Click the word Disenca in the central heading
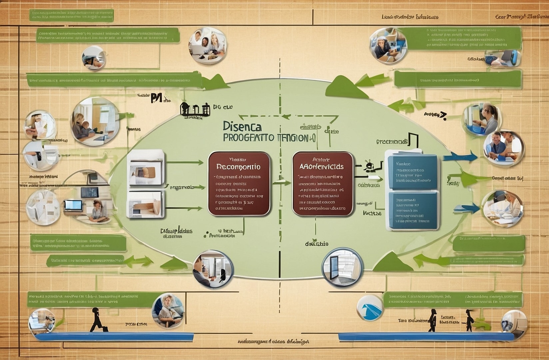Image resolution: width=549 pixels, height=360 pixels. tap(242, 126)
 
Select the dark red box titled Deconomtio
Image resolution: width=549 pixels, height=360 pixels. tap(239, 184)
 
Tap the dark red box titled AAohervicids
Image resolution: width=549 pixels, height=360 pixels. tap(322, 184)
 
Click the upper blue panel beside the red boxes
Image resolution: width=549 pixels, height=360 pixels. tap(412, 172)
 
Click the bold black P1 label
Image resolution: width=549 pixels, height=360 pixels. tap(156, 98)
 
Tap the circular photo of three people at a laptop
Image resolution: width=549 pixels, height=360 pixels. tap(207, 46)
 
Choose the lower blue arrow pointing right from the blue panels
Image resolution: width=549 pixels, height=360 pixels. tap(466, 208)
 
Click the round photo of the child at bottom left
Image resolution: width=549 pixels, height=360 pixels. tap(168, 310)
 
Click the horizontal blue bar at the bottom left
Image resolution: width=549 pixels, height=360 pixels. tap(114, 336)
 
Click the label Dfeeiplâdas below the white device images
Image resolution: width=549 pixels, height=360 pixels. tap(176, 231)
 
